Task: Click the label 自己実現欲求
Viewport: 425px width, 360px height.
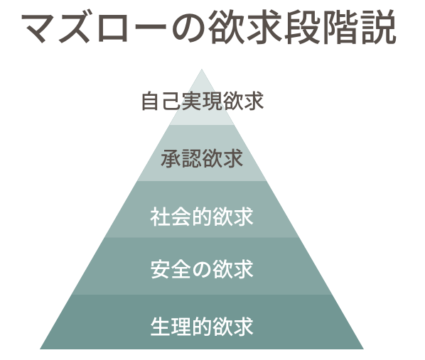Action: point(203,101)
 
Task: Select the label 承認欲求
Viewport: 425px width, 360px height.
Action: point(202,158)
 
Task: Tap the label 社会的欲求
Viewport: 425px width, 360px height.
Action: point(202,217)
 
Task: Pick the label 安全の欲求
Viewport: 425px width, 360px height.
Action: point(202,269)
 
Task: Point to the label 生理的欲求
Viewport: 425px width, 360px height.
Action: point(202,327)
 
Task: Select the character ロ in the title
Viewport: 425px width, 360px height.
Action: point(113,28)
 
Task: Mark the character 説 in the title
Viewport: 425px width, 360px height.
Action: point(379,27)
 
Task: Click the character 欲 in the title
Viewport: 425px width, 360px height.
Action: point(225,27)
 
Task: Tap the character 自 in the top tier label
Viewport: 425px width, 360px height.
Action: point(150,101)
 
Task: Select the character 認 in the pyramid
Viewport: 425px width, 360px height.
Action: point(192,158)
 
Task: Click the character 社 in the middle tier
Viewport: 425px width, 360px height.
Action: point(160,217)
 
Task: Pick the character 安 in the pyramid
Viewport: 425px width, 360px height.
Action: point(161,269)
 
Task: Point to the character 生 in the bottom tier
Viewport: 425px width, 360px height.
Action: point(161,327)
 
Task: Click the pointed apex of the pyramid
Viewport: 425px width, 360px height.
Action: point(202,70)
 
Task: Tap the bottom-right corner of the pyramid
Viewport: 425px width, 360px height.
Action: point(363,349)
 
